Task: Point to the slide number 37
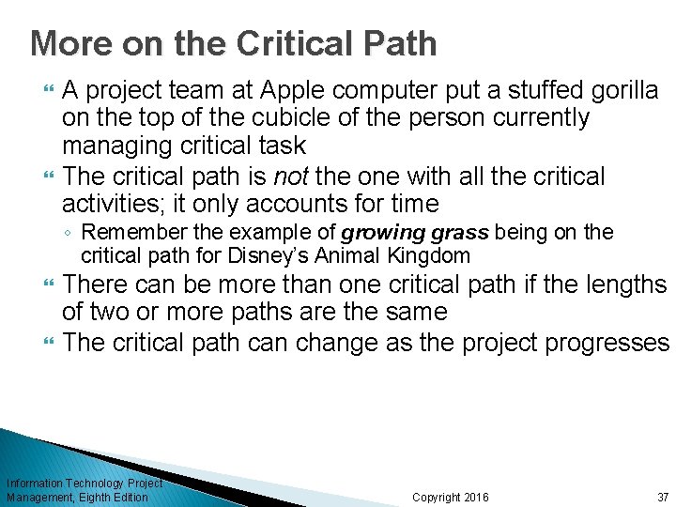(x=663, y=497)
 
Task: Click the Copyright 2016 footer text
(x=450, y=497)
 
